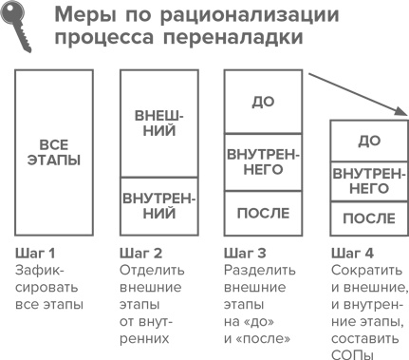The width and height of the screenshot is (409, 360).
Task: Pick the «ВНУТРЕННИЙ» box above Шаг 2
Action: tap(156, 206)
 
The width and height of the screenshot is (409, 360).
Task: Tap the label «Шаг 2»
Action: tap(142, 254)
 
